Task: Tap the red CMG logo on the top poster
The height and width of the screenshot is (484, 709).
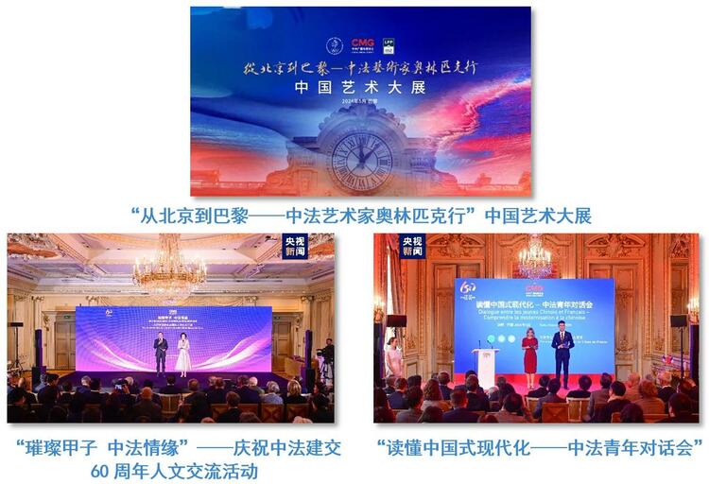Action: click(362, 43)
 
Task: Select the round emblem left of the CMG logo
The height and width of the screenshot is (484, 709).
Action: click(333, 45)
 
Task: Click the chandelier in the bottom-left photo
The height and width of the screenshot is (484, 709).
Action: click(169, 274)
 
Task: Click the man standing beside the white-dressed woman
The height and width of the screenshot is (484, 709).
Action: click(161, 353)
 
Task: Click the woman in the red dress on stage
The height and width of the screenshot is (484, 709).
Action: click(530, 352)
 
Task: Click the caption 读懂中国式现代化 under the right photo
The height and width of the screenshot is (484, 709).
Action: click(540, 446)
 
